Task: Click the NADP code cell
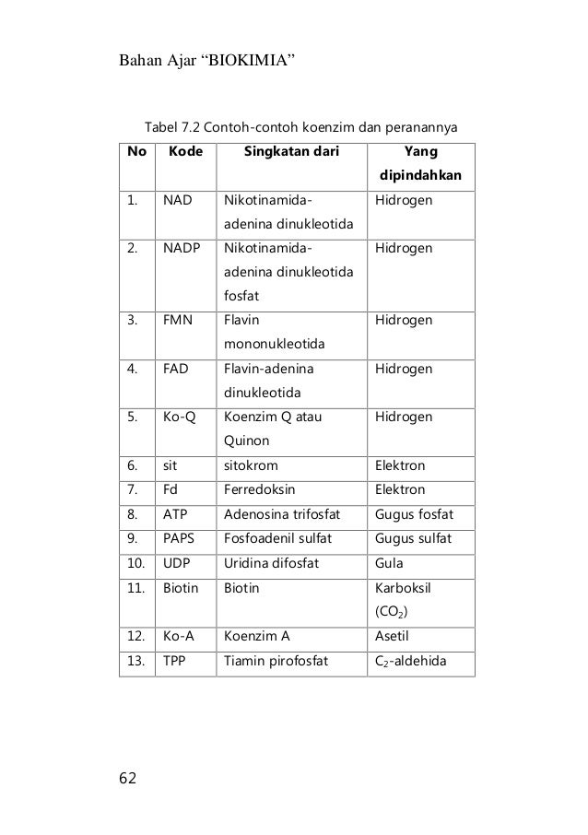click(182, 248)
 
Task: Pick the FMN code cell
click(179, 321)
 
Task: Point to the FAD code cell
click(178, 369)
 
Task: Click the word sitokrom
click(251, 465)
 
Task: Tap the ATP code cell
click(176, 513)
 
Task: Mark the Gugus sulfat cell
click(414, 537)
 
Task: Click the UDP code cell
click(178, 561)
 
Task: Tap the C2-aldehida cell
click(413, 659)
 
